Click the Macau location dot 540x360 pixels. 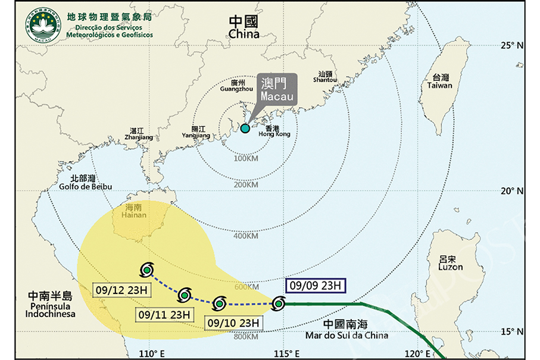245,128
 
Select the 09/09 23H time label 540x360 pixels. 315,286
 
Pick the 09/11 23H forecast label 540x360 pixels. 164,314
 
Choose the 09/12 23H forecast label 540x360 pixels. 123,290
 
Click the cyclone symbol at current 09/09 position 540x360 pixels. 277,305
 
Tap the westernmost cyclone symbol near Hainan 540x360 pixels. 146,270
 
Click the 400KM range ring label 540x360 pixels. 246,236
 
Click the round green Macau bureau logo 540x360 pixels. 42,24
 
